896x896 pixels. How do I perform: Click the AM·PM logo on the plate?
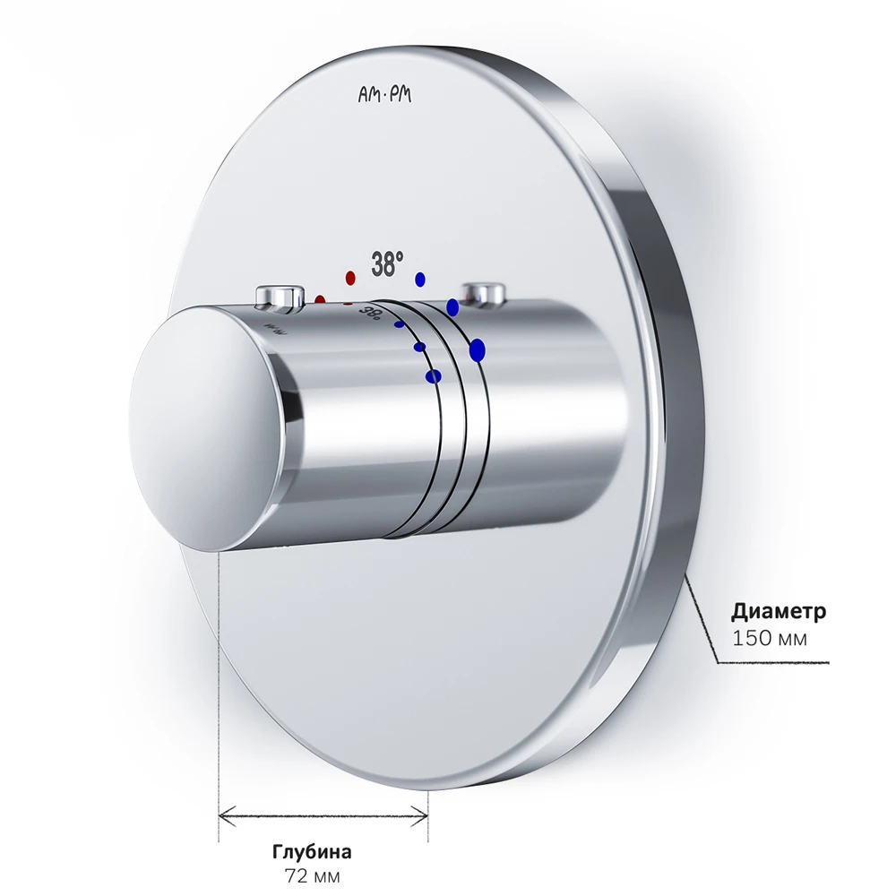click(x=384, y=94)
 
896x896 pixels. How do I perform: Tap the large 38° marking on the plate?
click(x=387, y=264)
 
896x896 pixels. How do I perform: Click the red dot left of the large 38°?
click(x=350, y=278)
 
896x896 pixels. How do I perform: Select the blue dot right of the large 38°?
click(x=420, y=279)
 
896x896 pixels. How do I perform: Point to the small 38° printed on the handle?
click(x=369, y=314)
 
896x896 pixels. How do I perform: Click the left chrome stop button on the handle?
click(x=280, y=297)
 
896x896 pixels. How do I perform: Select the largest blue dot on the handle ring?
click(x=478, y=349)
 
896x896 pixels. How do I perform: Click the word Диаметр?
click(x=779, y=611)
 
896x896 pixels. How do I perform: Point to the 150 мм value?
click(x=769, y=638)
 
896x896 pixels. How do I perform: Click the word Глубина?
click(x=312, y=852)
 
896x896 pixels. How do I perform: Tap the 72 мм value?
click(x=312, y=876)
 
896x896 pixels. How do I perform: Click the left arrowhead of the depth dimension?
click(x=227, y=816)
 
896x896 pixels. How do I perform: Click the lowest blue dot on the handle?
click(x=434, y=376)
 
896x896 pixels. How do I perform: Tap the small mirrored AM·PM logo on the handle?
click(x=275, y=330)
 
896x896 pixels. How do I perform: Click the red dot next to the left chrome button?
click(x=320, y=300)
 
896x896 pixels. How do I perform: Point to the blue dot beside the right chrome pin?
click(x=452, y=307)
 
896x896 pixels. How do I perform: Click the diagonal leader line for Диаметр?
click(x=702, y=619)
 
